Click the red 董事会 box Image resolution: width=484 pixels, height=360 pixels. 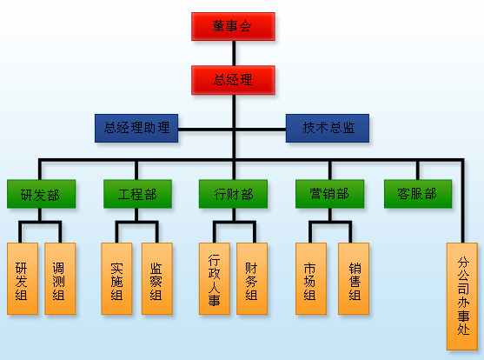(233, 27)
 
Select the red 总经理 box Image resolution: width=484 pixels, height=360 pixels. (233, 80)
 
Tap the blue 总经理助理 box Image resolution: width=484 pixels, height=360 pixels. (136, 128)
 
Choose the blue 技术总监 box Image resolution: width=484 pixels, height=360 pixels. (328, 128)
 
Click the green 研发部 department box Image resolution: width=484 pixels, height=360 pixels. (41, 194)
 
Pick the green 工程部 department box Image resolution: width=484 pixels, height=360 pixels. (137, 194)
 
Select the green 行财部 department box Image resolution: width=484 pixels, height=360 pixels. (233, 194)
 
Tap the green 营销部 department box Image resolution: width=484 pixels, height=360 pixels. (329, 194)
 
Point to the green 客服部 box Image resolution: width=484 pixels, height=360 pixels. (418, 194)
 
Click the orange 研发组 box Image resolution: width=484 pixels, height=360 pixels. (23, 279)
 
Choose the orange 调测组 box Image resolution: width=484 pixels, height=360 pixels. (60, 279)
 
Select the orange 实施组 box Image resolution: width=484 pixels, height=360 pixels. (116, 279)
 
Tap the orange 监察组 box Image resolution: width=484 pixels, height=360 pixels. (156, 279)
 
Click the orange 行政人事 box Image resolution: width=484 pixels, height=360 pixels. (215, 279)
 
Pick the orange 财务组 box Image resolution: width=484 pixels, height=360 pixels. (252, 279)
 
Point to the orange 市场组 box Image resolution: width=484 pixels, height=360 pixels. (311, 279)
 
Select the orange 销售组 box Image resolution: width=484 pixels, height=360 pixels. (354, 279)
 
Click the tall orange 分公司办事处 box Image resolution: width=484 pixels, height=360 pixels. (462, 297)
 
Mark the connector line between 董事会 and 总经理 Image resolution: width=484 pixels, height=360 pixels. (234, 53)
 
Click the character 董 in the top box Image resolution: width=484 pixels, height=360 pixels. (219, 26)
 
